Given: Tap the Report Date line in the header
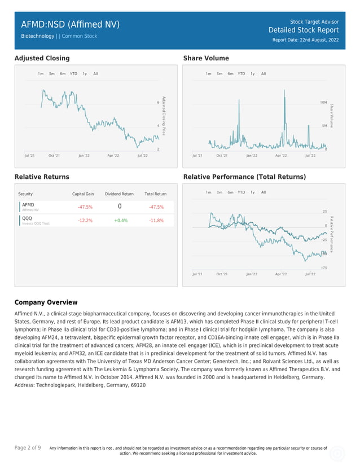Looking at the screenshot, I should coord(305,40).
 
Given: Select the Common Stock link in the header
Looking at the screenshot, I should coord(80,36).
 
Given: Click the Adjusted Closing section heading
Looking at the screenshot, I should coord(42,58).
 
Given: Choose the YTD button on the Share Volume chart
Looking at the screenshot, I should coord(241,74).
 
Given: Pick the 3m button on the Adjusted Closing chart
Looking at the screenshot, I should coord(51,74).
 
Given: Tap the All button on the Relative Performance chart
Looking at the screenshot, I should coord(264,192).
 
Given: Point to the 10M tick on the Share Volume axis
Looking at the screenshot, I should coord(323,103).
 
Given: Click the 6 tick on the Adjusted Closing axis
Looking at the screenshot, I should coord(158,102).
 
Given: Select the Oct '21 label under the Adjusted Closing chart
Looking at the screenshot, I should coord(54,155).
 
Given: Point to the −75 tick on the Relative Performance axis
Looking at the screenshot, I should coord(323,267).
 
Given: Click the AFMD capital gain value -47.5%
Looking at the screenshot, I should coord(85,207).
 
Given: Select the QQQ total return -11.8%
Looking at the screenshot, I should coord(156,221).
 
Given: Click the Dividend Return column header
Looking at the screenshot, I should coord(119,194).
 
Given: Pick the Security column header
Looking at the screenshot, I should coord(25,194).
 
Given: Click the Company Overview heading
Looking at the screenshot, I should coord(46,302).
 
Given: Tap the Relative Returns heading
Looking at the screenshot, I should coord(42,177).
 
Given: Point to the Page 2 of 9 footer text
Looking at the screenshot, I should coord(28,447).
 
